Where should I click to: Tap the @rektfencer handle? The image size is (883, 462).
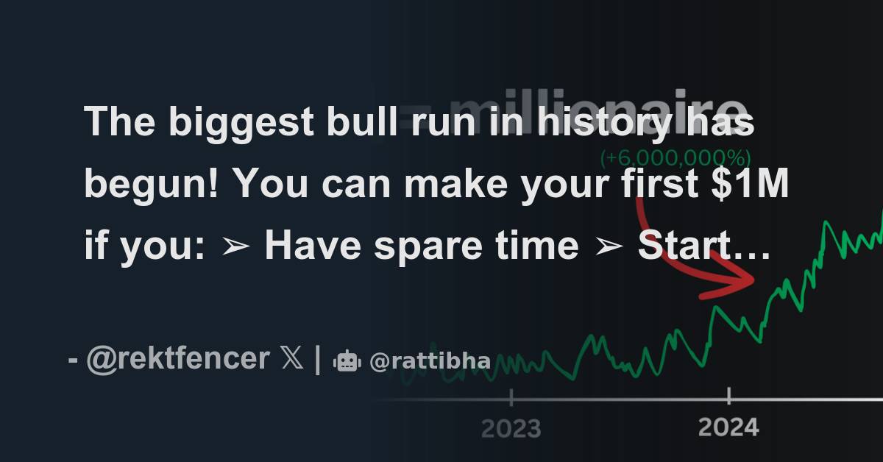coord(178,359)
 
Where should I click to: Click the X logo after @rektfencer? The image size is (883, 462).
coord(291,359)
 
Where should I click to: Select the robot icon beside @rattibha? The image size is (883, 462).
coord(347,360)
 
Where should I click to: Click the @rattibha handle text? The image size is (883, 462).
coord(430,361)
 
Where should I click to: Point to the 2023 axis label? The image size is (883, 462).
coord(511,428)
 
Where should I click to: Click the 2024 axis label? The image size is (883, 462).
coord(728,427)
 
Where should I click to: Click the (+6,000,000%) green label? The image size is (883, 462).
coord(675,158)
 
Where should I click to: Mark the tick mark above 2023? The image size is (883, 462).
coord(511,398)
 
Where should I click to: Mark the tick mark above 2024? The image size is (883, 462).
coord(728,397)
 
